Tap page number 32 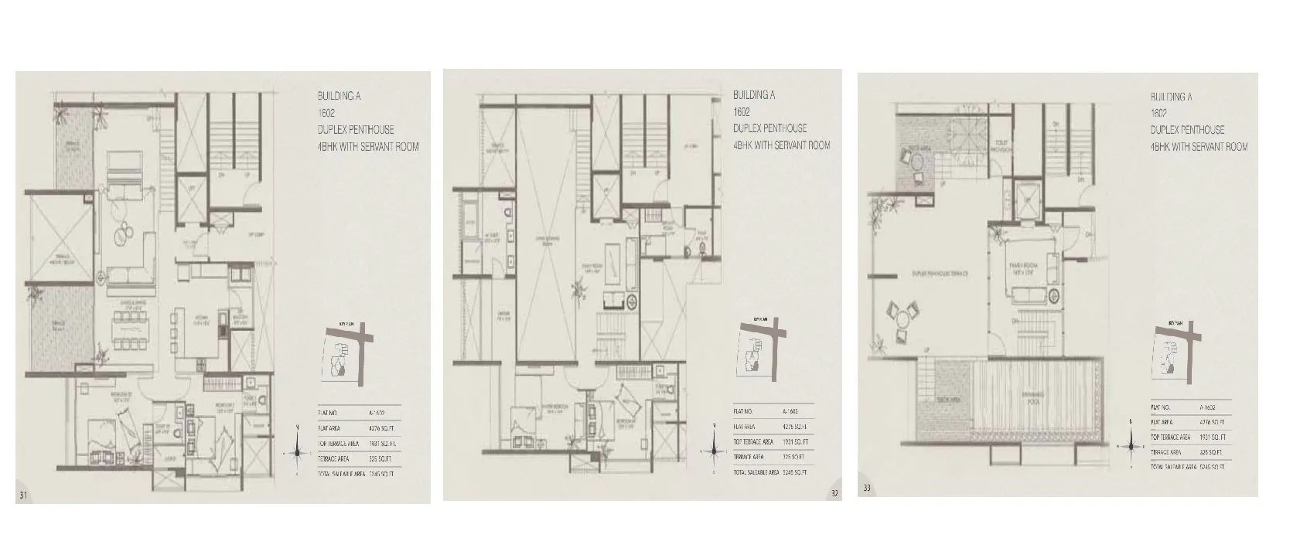[x=834, y=492]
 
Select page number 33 [x=867, y=488]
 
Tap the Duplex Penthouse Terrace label [x=940, y=274]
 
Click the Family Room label [x=1028, y=267]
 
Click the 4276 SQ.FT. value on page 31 [x=381, y=427]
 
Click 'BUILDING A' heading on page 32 [x=754, y=95]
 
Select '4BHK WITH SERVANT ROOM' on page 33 [x=1199, y=147]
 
